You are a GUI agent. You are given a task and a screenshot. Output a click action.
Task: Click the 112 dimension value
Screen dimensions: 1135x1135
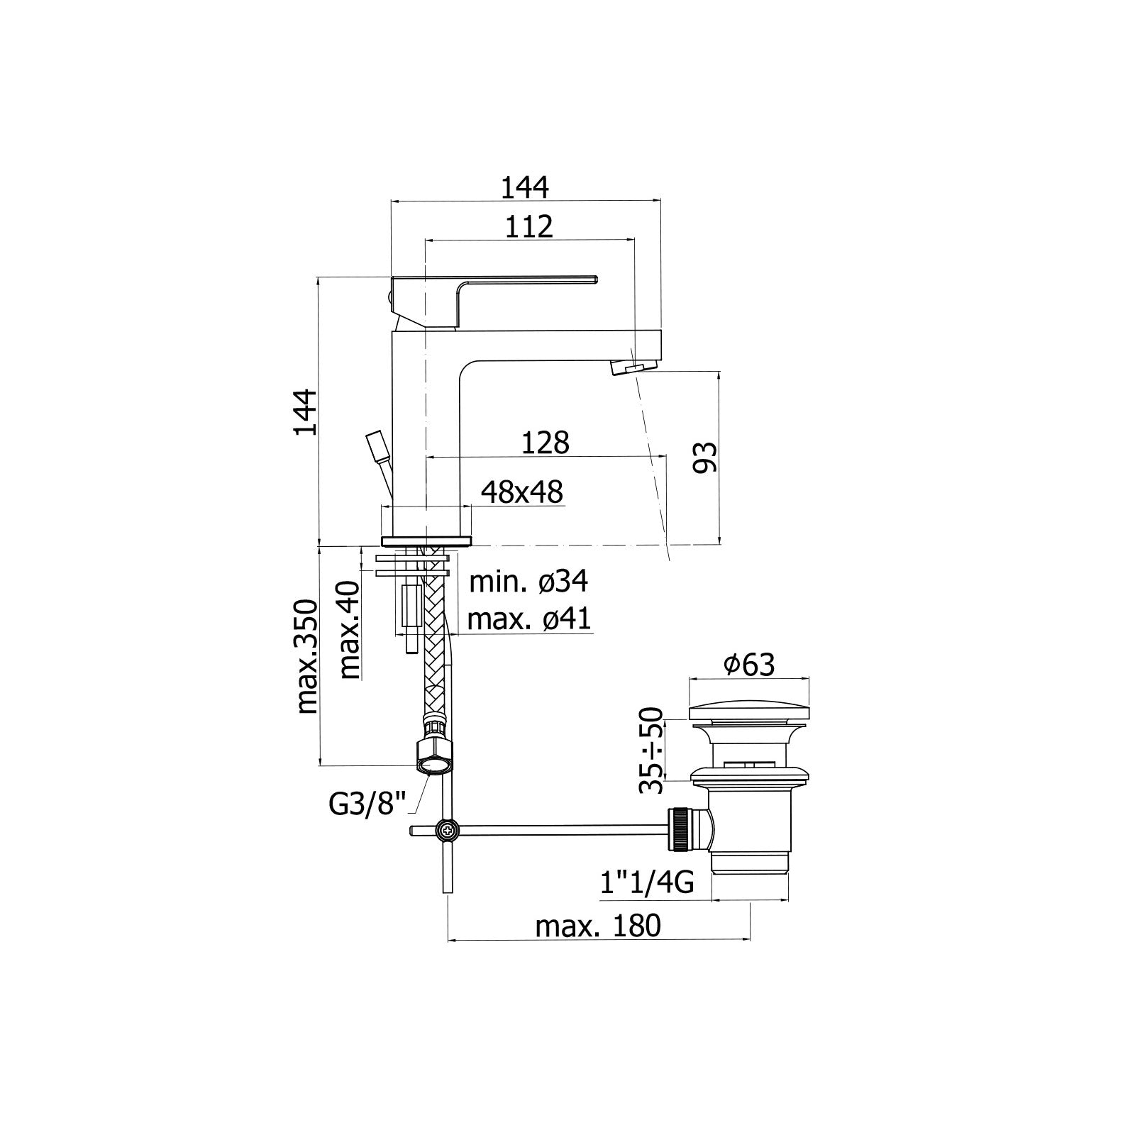click(x=528, y=226)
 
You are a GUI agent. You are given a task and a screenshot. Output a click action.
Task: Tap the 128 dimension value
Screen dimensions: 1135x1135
click(x=545, y=443)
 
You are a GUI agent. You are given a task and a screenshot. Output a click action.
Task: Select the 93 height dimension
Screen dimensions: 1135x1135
click(x=704, y=457)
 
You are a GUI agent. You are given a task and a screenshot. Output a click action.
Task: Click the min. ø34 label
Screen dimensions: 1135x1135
click(x=528, y=582)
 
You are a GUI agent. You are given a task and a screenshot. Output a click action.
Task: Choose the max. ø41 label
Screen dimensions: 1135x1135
click(x=529, y=619)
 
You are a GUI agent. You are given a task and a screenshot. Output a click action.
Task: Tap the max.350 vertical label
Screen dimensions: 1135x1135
click(x=306, y=657)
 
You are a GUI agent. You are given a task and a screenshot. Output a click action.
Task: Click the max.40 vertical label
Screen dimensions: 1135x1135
click(x=348, y=631)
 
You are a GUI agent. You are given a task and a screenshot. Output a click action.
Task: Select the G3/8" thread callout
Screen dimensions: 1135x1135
click(x=367, y=804)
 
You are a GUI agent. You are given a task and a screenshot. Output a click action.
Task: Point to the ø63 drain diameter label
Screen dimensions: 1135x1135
click(x=749, y=665)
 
